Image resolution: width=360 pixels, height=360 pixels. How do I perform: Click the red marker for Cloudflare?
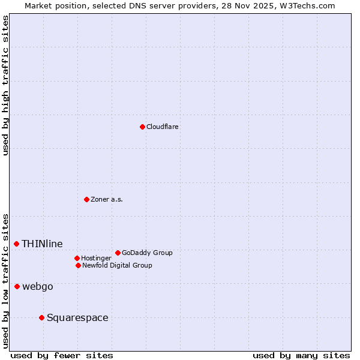[142, 127]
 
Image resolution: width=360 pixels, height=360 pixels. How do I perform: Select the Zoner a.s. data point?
[86, 199]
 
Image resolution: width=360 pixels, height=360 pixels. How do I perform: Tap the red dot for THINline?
[16, 244]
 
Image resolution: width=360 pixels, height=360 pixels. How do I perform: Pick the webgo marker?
[17, 287]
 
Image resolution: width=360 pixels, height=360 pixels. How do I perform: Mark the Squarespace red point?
[41, 317]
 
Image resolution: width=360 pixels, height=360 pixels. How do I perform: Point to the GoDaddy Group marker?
[118, 253]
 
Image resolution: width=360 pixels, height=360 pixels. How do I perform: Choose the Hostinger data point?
[77, 258]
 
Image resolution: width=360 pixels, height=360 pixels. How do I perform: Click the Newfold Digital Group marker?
[78, 265]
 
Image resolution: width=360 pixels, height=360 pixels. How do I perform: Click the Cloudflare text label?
[163, 127]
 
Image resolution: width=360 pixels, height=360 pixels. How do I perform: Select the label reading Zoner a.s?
[107, 199]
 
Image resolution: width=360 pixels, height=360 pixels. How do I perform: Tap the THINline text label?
[42, 244]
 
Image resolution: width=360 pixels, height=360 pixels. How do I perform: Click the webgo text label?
[38, 287]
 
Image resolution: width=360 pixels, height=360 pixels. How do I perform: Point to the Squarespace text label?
[77, 317]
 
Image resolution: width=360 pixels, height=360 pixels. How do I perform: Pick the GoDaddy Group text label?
[147, 253]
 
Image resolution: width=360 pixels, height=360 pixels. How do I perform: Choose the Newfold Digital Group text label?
[117, 265]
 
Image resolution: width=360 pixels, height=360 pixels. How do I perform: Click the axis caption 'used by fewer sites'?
[62, 355]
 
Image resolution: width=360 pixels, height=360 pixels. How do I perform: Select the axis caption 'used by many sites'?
[301, 355]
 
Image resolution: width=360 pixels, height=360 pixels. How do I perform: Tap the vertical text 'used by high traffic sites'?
[5, 85]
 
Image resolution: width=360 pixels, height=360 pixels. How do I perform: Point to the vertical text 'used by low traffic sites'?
[5, 281]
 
